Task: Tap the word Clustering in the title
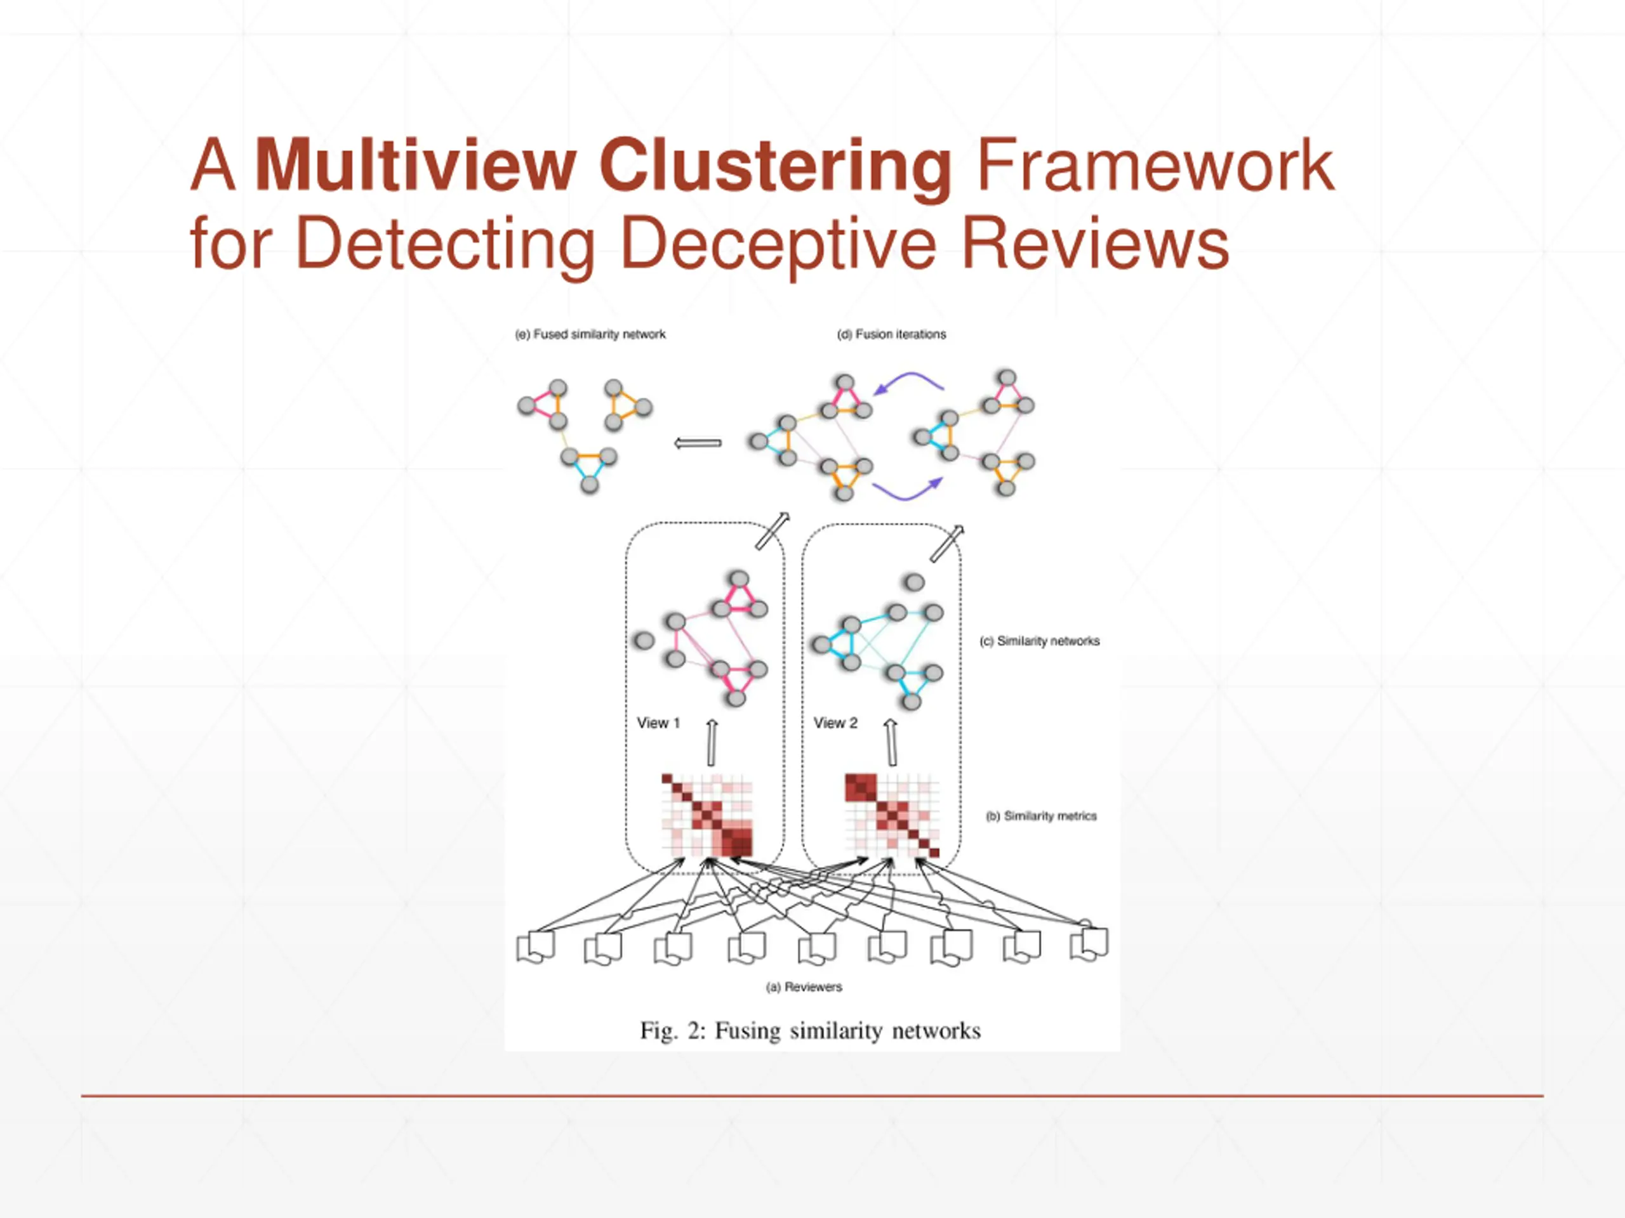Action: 775,167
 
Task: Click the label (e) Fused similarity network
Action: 590,334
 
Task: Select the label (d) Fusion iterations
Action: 891,334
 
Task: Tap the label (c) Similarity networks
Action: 1040,641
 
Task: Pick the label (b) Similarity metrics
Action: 1041,816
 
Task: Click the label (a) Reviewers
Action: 804,986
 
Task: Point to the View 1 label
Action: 658,723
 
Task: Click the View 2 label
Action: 835,723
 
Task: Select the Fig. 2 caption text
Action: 811,1031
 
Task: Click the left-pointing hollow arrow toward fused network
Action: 697,443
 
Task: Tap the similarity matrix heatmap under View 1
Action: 706,815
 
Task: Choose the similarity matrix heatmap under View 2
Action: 892,815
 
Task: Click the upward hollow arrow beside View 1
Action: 711,742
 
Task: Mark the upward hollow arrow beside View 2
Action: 891,742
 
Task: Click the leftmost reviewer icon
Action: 536,947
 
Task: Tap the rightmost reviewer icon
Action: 1089,944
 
